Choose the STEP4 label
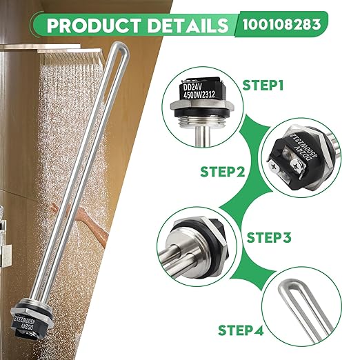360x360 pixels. [x=240, y=330]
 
